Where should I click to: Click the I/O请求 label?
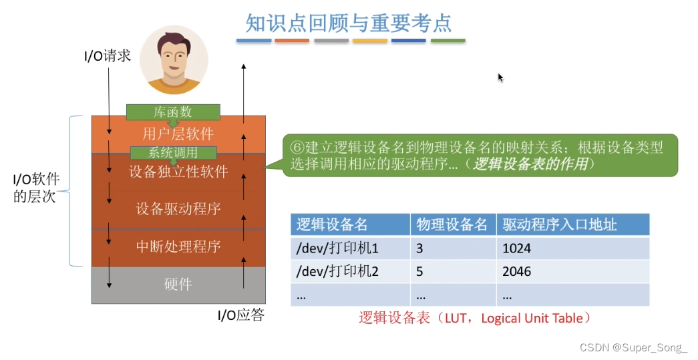[x=107, y=56]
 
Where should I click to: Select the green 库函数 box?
[x=173, y=112]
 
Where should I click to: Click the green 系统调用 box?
[x=173, y=152]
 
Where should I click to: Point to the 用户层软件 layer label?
[x=178, y=134]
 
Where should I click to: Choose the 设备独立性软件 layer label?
[x=178, y=172]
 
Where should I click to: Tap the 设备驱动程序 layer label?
[x=178, y=209]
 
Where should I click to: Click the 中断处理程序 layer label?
[x=178, y=246]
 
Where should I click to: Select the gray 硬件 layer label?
[x=178, y=285]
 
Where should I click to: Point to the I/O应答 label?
[x=241, y=315]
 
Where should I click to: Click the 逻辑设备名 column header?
[x=332, y=224]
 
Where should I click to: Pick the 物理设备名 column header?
[x=452, y=224]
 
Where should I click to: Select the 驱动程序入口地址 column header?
[x=560, y=224]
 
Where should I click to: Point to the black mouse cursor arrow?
[x=500, y=77]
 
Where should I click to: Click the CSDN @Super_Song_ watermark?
[x=633, y=348]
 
